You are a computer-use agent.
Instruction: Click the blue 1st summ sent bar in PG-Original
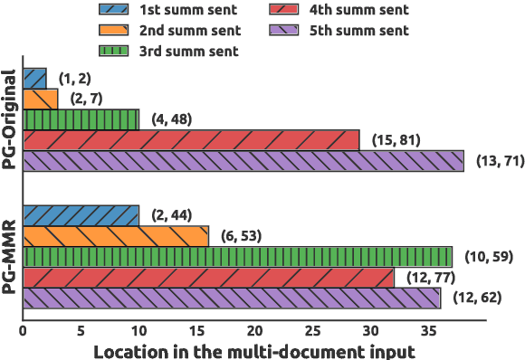[x=34, y=78]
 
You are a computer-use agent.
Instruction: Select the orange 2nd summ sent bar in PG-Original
[x=40, y=99]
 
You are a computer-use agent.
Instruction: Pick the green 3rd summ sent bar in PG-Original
[x=81, y=119]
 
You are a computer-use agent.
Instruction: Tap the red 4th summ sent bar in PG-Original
[x=191, y=140]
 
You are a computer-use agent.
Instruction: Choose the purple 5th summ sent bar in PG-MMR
[x=231, y=298]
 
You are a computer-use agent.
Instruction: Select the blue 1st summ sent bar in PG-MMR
[x=81, y=215]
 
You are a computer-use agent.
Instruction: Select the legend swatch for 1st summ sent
[x=114, y=11]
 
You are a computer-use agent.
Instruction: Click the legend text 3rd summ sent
[x=189, y=51]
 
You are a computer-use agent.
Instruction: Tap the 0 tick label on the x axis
[x=23, y=331]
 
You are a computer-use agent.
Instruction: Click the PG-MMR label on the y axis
[x=10, y=256]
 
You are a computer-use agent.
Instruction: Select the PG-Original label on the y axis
[x=10, y=119]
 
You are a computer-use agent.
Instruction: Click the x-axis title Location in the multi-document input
[x=253, y=350]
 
